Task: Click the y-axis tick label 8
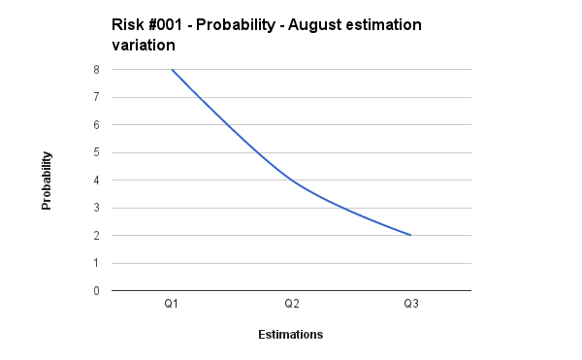tap(96, 70)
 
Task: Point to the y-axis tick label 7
tap(96, 97)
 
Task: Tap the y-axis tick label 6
tap(96, 125)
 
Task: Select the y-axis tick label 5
tap(96, 152)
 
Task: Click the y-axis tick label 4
tap(96, 180)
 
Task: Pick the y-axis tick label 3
tap(96, 208)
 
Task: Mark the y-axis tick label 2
tap(96, 236)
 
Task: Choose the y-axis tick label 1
tap(96, 263)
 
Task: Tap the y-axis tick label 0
tap(96, 291)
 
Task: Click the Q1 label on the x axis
tap(172, 305)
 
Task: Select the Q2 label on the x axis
tap(291, 305)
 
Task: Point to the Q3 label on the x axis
tap(410, 305)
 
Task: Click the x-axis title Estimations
tap(291, 335)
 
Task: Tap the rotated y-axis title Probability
tap(47, 180)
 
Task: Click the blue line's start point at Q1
tap(172, 70)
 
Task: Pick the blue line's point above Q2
tap(291, 180)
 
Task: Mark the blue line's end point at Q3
tap(410, 235)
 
